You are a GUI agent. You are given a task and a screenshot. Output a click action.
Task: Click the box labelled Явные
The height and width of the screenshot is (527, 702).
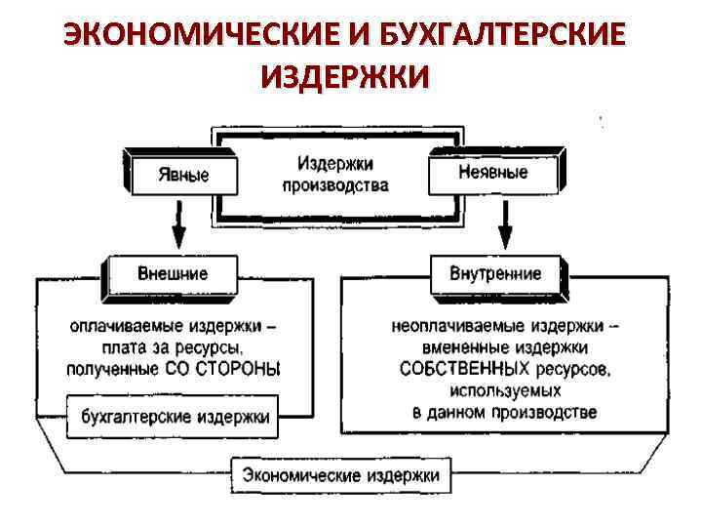click(x=183, y=175)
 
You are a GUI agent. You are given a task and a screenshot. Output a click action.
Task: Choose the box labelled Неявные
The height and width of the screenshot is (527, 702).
click(x=493, y=172)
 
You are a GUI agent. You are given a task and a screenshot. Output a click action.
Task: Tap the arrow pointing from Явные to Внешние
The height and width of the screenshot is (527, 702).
click(x=177, y=223)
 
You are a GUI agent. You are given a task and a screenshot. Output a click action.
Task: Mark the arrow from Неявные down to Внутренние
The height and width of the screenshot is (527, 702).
click(x=505, y=223)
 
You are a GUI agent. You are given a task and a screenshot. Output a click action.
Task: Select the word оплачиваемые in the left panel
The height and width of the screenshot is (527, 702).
click(x=117, y=325)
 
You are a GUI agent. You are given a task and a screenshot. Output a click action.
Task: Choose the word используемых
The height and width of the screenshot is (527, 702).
click(x=505, y=390)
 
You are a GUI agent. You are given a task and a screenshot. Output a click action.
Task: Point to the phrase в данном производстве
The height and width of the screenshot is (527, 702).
click(x=505, y=412)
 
